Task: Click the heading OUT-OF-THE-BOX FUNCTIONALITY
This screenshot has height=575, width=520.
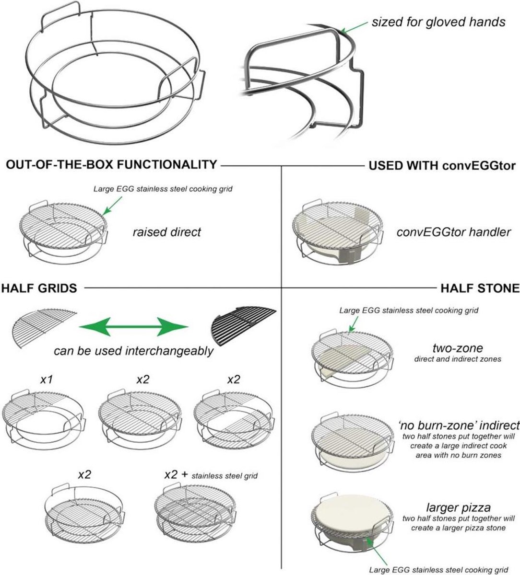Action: (111, 165)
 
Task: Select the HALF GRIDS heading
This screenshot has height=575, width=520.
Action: (39, 288)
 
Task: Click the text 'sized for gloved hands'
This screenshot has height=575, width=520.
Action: (438, 22)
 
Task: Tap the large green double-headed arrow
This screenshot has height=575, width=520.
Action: (133, 328)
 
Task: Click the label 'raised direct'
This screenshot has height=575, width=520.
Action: (166, 232)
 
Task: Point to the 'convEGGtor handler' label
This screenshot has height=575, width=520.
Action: (453, 232)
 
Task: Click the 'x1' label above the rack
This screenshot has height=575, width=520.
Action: (46, 379)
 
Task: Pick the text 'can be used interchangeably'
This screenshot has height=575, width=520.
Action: (133, 351)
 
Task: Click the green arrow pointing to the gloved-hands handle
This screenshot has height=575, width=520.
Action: (352, 28)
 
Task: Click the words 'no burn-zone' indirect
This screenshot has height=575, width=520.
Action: (459, 425)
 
